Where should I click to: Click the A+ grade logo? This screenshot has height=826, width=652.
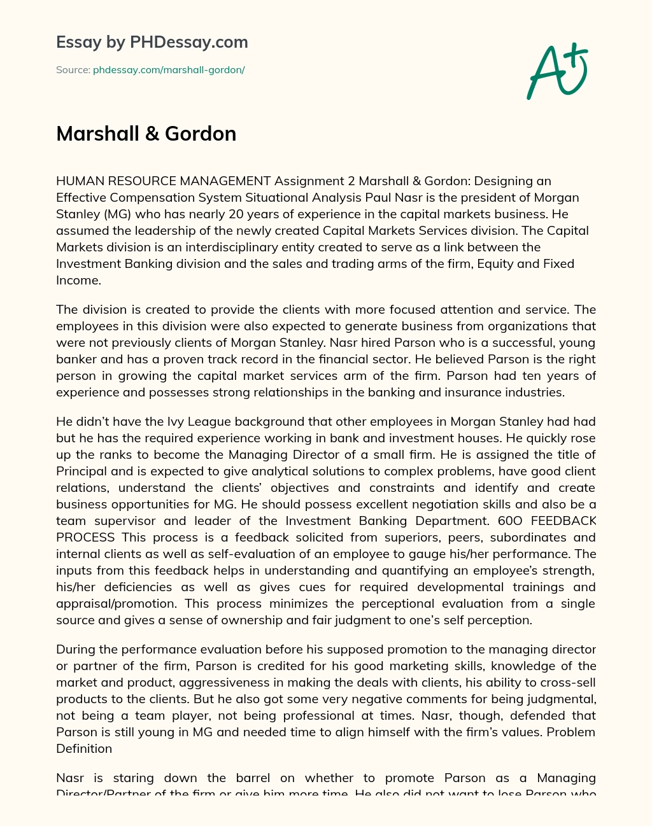(x=558, y=71)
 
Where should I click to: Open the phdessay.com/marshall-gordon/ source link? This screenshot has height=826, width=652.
(x=169, y=70)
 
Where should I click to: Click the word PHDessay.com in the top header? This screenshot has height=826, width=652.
(x=188, y=42)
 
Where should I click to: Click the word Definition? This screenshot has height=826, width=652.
(x=84, y=748)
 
